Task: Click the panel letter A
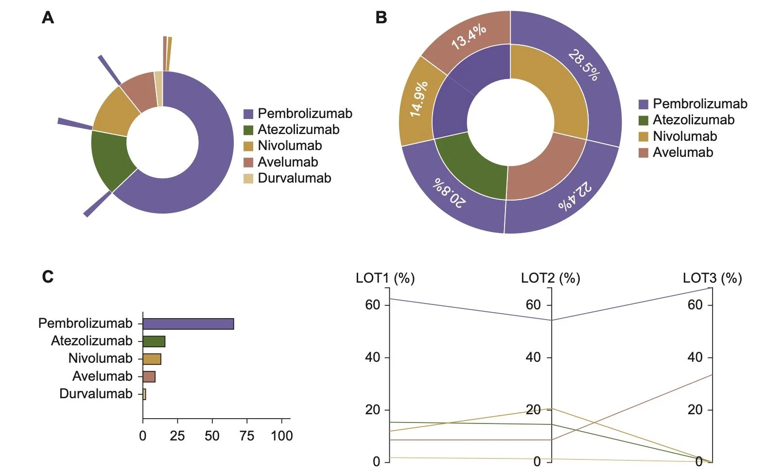[48, 18]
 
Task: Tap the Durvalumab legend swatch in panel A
[248, 178]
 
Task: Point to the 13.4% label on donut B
[469, 36]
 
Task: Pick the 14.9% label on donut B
[418, 99]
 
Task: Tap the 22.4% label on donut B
[575, 196]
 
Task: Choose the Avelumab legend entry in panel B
[682, 152]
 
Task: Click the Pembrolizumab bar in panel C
[188, 324]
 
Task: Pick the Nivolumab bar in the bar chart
[152, 359]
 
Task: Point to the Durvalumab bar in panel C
[144, 394]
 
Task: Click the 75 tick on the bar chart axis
[247, 436]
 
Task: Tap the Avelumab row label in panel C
[102, 376]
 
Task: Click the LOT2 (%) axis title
[550, 278]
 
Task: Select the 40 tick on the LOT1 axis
[373, 357]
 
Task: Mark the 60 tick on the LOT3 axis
[695, 305]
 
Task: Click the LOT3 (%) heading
[712, 278]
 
